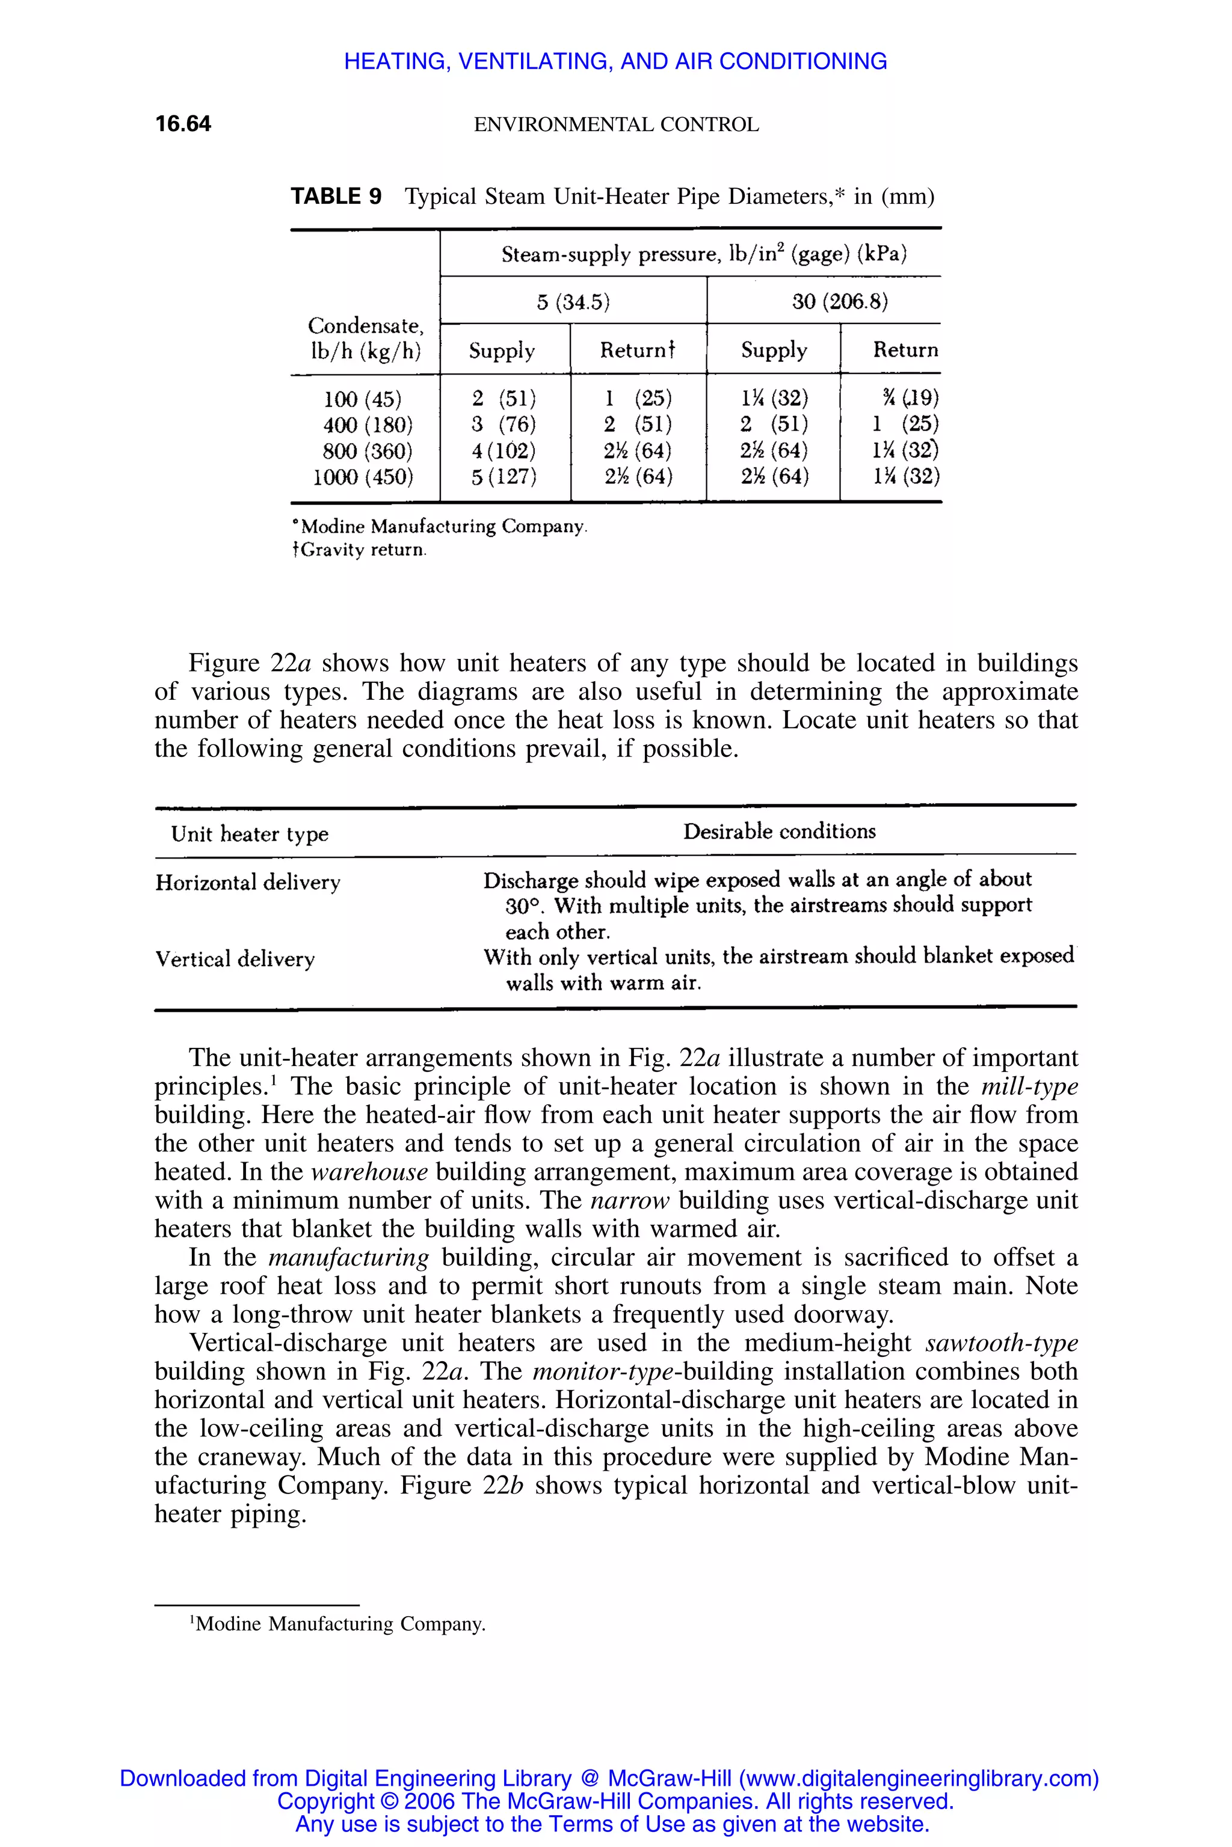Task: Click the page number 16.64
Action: click(183, 124)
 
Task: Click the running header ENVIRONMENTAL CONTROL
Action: click(616, 125)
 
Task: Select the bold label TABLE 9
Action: click(336, 197)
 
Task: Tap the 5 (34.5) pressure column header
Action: click(573, 302)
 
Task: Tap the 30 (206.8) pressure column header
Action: click(839, 302)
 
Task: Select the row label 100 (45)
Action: click(362, 399)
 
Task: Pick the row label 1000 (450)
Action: click(362, 477)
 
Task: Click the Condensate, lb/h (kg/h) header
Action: click(365, 338)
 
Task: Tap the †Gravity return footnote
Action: click(359, 550)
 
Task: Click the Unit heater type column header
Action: click(250, 834)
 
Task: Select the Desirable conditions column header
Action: click(778, 832)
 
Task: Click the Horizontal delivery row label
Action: click(247, 883)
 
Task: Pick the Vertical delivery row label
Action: click(235, 959)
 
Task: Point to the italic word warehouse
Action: click(369, 1172)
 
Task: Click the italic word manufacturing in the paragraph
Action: click(349, 1257)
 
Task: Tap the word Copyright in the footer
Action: click(325, 1801)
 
